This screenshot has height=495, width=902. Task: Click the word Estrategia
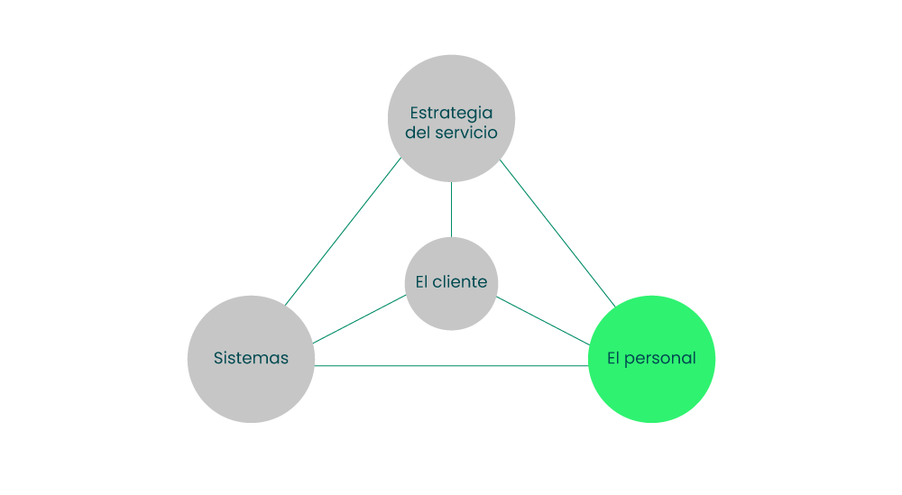[x=451, y=113]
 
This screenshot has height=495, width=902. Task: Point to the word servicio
[x=465, y=133]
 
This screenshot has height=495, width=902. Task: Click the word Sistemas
[x=251, y=358]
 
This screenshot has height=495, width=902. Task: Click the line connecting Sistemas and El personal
[x=451, y=366]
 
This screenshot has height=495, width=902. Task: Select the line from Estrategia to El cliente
[x=451, y=209]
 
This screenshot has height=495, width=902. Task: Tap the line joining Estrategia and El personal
[x=557, y=233]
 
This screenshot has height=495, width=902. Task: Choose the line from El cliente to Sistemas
[x=359, y=319]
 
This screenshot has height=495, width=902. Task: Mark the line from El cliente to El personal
[x=543, y=320]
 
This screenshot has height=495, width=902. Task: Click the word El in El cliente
[x=421, y=281]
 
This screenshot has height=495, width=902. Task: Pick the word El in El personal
[x=613, y=358]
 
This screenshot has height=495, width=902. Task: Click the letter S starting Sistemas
[x=218, y=358]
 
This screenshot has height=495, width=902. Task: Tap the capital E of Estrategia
[x=415, y=113]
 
